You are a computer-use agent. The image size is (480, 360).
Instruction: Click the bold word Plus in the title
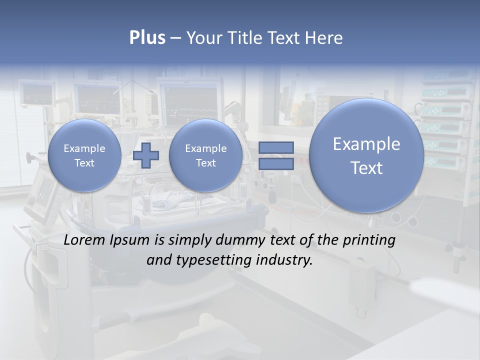pyautogui.click(x=147, y=38)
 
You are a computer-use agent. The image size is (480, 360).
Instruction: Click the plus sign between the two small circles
pyautogui.click(x=146, y=155)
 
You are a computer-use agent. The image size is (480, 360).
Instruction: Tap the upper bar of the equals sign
pyautogui.click(x=275, y=147)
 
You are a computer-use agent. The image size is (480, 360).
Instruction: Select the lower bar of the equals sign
pyautogui.click(x=275, y=164)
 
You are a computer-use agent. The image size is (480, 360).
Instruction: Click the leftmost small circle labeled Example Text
pyautogui.click(x=84, y=155)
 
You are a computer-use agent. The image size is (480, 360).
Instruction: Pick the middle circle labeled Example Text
pyautogui.click(x=206, y=155)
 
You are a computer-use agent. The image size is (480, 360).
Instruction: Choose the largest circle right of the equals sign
pyautogui.click(x=366, y=155)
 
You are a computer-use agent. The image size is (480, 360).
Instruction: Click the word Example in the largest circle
pyautogui.click(x=366, y=144)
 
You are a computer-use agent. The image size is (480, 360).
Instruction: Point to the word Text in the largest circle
pyautogui.click(x=366, y=168)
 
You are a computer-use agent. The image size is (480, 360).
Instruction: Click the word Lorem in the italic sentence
pyautogui.click(x=84, y=240)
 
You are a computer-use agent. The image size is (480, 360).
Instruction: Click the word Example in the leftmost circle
pyautogui.click(x=84, y=148)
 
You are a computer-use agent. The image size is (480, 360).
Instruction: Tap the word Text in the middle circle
pyautogui.click(x=206, y=163)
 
